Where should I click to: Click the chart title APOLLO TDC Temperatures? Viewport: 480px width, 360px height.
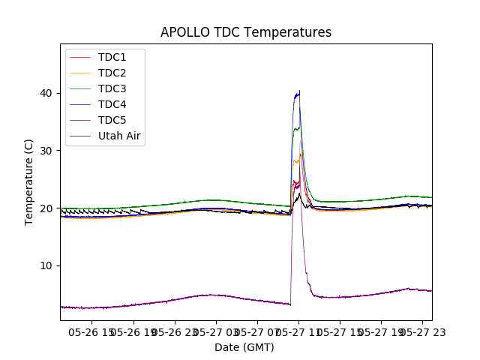246,32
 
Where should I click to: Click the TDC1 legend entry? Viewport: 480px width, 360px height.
112,58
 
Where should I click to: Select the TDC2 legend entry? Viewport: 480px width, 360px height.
112,73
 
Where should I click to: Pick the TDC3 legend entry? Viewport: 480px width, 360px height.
112,89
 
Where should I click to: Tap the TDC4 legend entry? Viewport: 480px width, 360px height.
112,105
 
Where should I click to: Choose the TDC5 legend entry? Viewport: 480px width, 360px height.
112,121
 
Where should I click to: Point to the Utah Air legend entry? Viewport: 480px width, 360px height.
119,136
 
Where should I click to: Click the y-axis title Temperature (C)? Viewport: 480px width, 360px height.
29,182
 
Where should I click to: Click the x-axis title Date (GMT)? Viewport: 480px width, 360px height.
244,347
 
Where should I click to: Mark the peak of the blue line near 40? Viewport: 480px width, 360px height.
299,91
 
